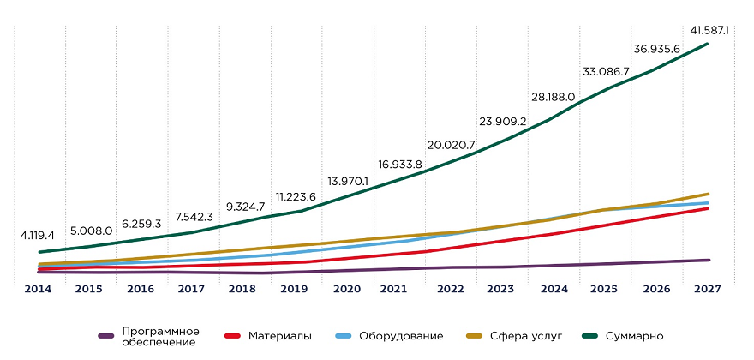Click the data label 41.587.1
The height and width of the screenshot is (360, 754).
(x=709, y=30)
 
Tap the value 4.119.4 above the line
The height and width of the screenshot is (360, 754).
(x=38, y=234)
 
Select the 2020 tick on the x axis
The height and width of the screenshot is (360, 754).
(x=347, y=290)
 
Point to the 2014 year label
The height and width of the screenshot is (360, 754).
(x=38, y=290)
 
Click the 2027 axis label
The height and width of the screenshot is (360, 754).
(x=709, y=290)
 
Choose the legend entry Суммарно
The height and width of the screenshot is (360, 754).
(x=634, y=336)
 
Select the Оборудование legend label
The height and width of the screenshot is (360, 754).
(x=400, y=336)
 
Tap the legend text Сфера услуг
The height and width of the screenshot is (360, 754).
(x=523, y=336)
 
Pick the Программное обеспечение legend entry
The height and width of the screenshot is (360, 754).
(x=160, y=336)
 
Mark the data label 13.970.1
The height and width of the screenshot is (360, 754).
(x=348, y=181)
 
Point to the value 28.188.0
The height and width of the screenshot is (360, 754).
(x=553, y=97)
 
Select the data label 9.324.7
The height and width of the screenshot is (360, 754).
(x=244, y=207)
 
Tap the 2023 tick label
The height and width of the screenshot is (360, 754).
(x=502, y=290)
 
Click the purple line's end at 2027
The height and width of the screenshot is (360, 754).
(x=709, y=260)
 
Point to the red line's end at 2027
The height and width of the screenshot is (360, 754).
(x=709, y=208)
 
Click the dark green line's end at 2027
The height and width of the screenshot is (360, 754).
(x=709, y=43)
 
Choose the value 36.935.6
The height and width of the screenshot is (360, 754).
(x=657, y=49)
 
